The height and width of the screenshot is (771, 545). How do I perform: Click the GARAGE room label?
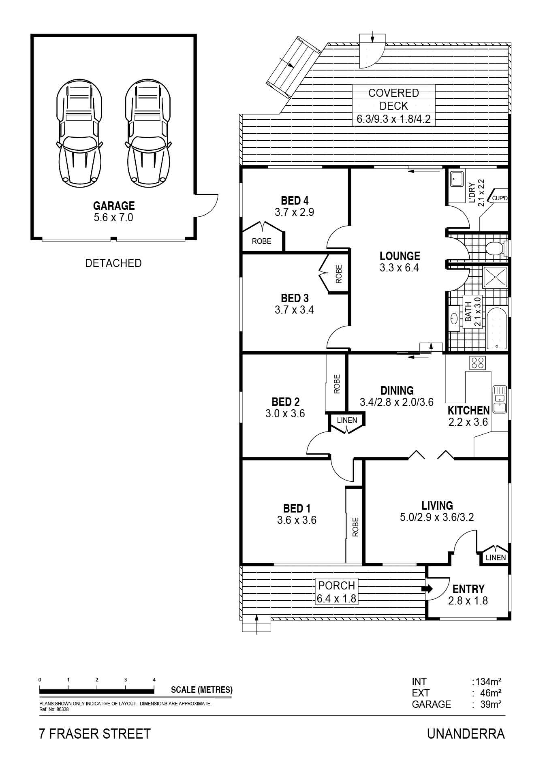pyautogui.click(x=114, y=206)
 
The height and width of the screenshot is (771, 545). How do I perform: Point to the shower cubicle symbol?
pyautogui.click(x=495, y=278)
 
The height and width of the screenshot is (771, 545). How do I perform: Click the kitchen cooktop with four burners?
pyautogui.click(x=478, y=362)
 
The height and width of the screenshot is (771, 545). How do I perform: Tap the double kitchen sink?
pyautogui.click(x=499, y=399)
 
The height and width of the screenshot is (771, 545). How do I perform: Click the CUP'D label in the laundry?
pyautogui.click(x=499, y=198)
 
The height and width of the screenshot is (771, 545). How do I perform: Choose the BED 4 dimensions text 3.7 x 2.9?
pyautogui.click(x=294, y=212)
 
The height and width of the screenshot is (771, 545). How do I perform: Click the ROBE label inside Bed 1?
pyautogui.click(x=355, y=527)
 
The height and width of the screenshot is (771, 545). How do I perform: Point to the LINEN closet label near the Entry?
pyautogui.click(x=496, y=557)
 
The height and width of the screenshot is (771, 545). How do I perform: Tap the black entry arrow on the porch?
pyautogui.click(x=427, y=589)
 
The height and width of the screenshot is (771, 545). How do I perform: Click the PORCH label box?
pyautogui.click(x=337, y=592)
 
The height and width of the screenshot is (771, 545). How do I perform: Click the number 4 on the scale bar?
pyautogui.click(x=154, y=679)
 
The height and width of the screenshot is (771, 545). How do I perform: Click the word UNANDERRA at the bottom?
pyautogui.click(x=466, y=734)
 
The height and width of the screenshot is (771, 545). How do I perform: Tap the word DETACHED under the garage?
pyautogui.click(x=113, y=263)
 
